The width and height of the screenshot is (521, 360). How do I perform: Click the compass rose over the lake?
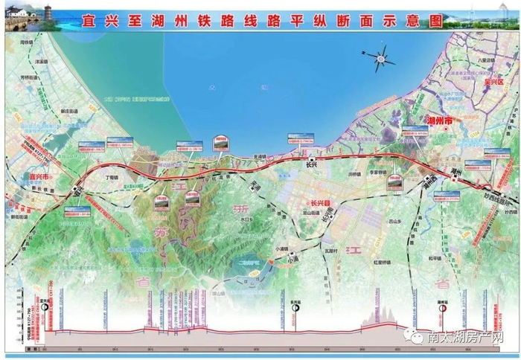[380, 57]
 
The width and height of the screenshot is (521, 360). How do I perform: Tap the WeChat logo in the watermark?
[411, 337]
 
